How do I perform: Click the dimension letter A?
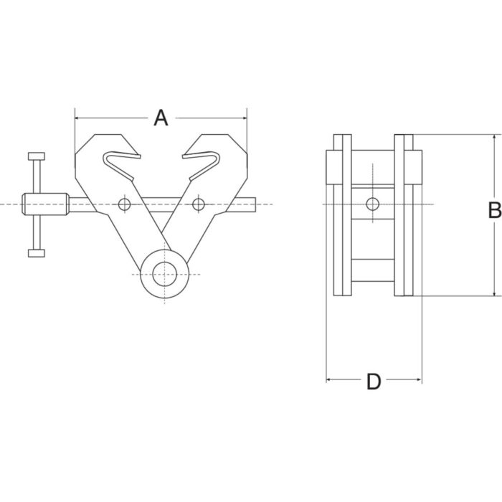point(161,118)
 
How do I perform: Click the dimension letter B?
point(495,210)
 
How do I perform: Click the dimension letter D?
point(374,382)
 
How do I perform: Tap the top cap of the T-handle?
point(37,156)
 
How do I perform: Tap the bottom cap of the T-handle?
point(37,253)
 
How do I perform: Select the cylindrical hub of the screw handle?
point(45,204)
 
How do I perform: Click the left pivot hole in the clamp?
point(125,204)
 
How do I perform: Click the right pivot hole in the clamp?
point(199,204)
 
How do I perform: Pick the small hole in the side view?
point(373,204)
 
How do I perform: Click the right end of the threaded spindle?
point(255,204)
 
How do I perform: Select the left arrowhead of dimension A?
point(77,118)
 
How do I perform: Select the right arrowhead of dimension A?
point(245,118)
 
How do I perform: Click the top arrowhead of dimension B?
point(495,137)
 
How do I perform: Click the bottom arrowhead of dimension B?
point(495,293)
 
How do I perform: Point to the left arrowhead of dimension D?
point(328,380)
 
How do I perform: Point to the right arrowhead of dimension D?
point(419,380)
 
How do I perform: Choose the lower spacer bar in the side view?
point(373,270)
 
